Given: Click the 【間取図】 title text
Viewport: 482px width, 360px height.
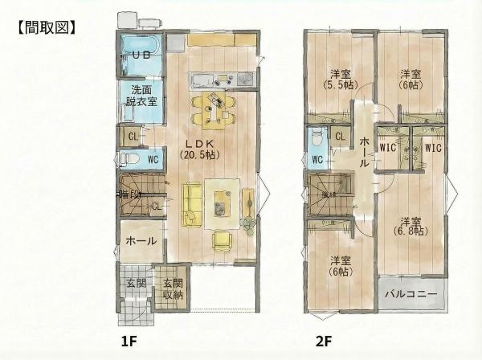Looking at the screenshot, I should [45, 27].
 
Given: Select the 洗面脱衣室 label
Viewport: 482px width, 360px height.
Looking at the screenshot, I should [141, 96].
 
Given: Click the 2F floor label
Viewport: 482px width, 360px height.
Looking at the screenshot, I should [324, 341].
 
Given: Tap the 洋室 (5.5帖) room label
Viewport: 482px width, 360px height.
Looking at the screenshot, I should [339, 78].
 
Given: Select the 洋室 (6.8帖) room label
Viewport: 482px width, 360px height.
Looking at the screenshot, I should [411, 227].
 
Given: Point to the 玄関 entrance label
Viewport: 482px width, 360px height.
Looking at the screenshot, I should [136, 283].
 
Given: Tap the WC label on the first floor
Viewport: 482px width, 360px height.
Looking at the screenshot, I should [153, 159].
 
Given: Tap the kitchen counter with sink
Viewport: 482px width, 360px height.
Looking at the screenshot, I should [221, 80].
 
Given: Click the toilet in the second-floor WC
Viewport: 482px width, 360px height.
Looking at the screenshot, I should [317, 140].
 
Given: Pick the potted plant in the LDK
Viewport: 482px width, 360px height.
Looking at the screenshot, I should [248, 219].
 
